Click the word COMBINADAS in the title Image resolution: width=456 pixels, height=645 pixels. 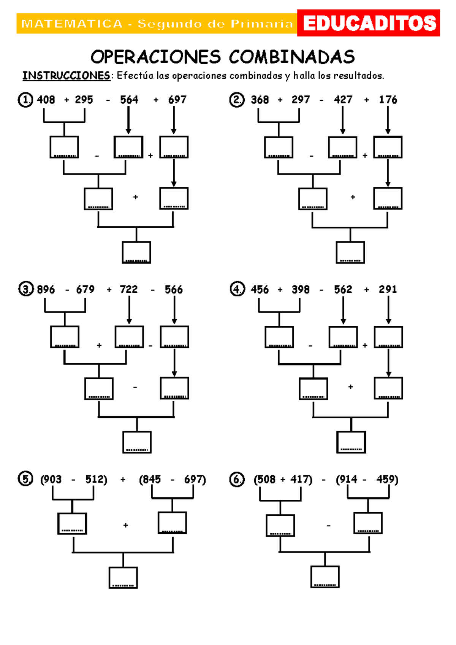[x=292, y=57]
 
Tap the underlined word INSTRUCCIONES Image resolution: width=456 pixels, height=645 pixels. [x=66, y=76]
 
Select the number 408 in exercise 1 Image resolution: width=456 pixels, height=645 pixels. [x=46, y=100]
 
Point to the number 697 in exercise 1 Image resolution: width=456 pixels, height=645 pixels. [x=177, y=100]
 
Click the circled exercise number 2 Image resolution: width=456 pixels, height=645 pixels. [x=237, y=100]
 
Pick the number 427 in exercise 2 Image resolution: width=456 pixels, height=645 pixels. [x=343, y=100]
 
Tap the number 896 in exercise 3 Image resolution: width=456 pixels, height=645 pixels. [x=46, y=289]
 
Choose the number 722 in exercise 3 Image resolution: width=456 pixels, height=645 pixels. [x=128, y=289]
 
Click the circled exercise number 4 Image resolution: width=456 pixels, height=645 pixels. [x=237, y=289]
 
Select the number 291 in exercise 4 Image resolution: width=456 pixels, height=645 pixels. [x=388, y=289]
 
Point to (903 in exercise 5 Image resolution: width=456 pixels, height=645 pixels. [x=51, y=480]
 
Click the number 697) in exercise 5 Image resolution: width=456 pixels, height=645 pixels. [x=195, y=480]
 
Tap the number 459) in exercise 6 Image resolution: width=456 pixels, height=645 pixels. [x=387, y=480]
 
